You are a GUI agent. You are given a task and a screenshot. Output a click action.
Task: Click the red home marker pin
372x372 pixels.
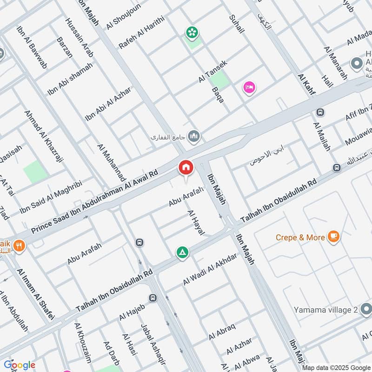[186, 167]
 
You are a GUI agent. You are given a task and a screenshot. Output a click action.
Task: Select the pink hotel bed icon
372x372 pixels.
[249, 87]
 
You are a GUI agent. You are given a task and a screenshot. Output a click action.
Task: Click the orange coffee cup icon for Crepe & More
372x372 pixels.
[333, 237]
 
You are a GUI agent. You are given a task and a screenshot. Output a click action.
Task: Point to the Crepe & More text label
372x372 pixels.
[300, 237]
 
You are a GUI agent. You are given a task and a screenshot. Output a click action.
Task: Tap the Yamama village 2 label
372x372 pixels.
[325, 310]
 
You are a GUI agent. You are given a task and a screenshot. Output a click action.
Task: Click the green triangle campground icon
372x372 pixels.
[182, 252]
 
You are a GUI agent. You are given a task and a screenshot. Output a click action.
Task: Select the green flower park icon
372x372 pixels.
[191, 32]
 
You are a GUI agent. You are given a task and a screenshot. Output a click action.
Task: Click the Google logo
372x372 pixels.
[20, 365]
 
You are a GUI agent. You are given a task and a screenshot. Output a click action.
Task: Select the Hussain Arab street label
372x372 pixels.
[80, 37]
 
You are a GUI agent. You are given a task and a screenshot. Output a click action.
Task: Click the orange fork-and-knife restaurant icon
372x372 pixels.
[19, 246]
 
